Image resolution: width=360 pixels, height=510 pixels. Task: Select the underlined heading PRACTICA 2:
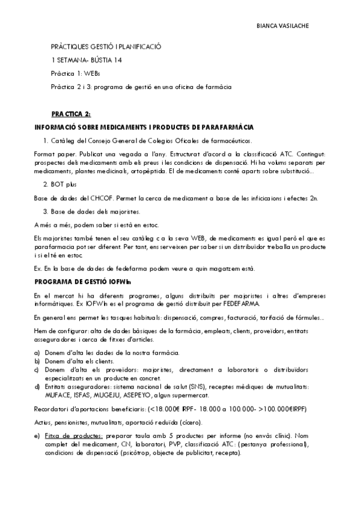pyautogui.click(x=71, y=113)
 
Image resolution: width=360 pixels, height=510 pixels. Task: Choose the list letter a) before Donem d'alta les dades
pyautogui.click(x=37, y=352)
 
